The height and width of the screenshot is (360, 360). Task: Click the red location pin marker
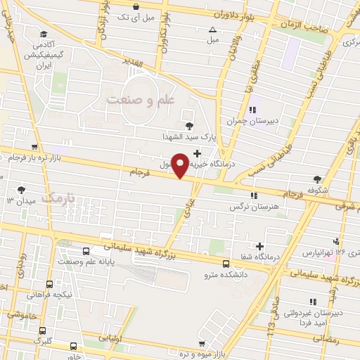181,165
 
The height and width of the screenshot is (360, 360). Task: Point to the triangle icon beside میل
213,30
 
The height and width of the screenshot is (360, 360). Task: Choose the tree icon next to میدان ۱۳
22,189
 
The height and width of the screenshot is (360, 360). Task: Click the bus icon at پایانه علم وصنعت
86,251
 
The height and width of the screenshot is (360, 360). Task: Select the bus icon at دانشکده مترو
225,264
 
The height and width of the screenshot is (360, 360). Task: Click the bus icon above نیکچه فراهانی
49,284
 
